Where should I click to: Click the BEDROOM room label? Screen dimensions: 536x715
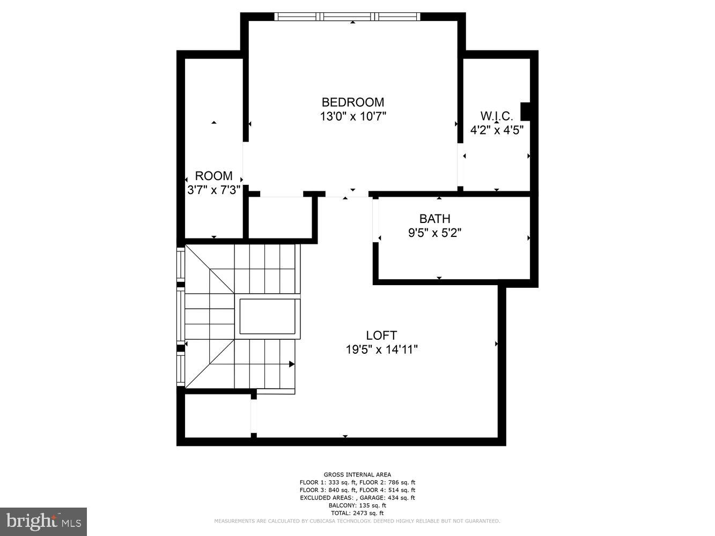coord(352,102)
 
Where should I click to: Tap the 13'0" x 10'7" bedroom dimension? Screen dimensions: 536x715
coord(352,116)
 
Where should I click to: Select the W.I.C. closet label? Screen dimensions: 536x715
coord(497,115)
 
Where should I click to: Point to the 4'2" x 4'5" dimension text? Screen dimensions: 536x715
coord(497,129)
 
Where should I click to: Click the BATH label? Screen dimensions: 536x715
coord(434,219)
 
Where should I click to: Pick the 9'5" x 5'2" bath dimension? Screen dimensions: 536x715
coord(434,233)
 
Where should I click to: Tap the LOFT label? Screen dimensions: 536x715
coord(381,336)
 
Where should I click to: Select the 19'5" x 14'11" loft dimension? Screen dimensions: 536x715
coord(381,349)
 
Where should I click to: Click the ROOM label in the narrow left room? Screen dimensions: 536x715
coord(213,176)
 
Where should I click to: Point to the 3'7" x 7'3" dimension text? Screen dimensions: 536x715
coord(213,190)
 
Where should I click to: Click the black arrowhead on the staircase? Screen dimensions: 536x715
coord(292,364)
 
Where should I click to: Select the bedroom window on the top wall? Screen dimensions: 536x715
coord(347,17)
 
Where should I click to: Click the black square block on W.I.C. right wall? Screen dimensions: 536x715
coord(526,111)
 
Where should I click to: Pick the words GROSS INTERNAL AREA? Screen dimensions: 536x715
coord(357,474)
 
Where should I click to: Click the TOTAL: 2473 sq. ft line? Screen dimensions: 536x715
coord(357,513)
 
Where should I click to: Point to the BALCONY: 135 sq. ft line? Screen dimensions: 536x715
coord(357,505)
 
